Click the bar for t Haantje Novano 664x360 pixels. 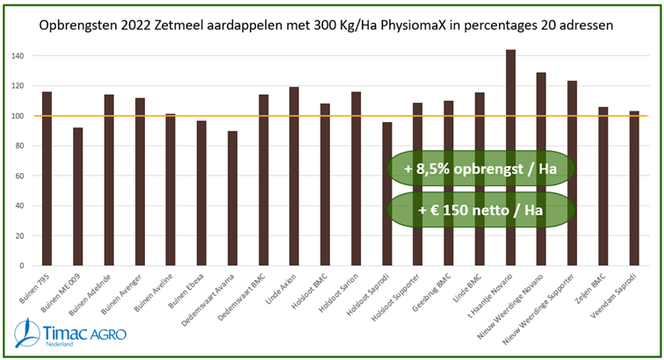[510, 158]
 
